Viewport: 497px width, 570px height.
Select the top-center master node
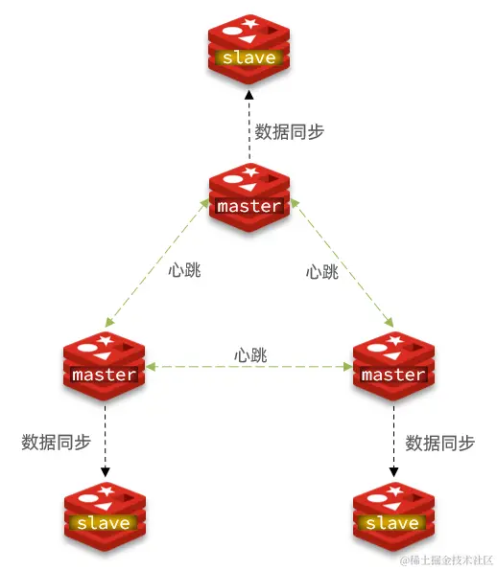(x=248, y=196)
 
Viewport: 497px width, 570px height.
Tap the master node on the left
(x=104, y=365)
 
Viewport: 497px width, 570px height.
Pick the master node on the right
(x=392, y=365)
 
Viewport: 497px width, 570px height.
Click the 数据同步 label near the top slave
(x=289, y=132)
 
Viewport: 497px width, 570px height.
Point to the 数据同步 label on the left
(x=56, y=442)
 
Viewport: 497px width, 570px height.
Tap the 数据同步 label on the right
(x=440, y=443)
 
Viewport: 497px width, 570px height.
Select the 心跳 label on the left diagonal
(x=184, y=270)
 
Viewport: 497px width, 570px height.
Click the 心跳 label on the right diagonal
(x=322, y=271)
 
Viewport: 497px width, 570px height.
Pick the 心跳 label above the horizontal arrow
(x=250, y=354)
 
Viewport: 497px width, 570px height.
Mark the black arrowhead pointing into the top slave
(x=248, y=94)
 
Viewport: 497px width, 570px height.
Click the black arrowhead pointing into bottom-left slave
(x=105, y=472)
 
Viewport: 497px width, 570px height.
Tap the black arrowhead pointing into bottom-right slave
(x=392, y=472)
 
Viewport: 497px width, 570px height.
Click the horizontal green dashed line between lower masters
(x=248, y=366)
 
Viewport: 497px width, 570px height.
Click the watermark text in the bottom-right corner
(x=447, y=559)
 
